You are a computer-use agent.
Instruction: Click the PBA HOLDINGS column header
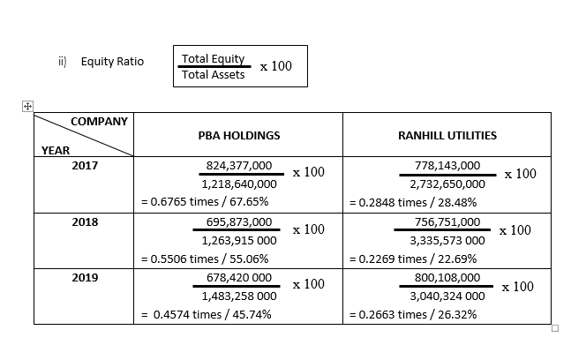pyautogui.click(x=239, y=136)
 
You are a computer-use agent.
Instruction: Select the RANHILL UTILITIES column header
pyautogui.click(x=447, y=136)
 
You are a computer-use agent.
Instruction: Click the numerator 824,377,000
pyautogui.click(x=239, y=165)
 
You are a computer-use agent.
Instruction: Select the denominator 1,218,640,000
pyautogui.click(x=239, y=184)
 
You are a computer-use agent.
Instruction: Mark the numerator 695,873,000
pyautogui.click(x=239, y=221)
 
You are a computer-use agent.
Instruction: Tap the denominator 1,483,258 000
pyautogui.click(x=239, y=296)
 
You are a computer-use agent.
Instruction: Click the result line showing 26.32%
pyautogui.click(x=413, y=314)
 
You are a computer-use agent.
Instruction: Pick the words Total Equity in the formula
pyautogui.click(x=213, y=58)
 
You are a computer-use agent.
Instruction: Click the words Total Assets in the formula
pyautogui.click(x=213, y=74)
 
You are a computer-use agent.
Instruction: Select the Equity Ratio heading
pyautogui.click(x=112, y=62)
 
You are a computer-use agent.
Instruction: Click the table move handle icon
pyautogui.click(x=27, y=106)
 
